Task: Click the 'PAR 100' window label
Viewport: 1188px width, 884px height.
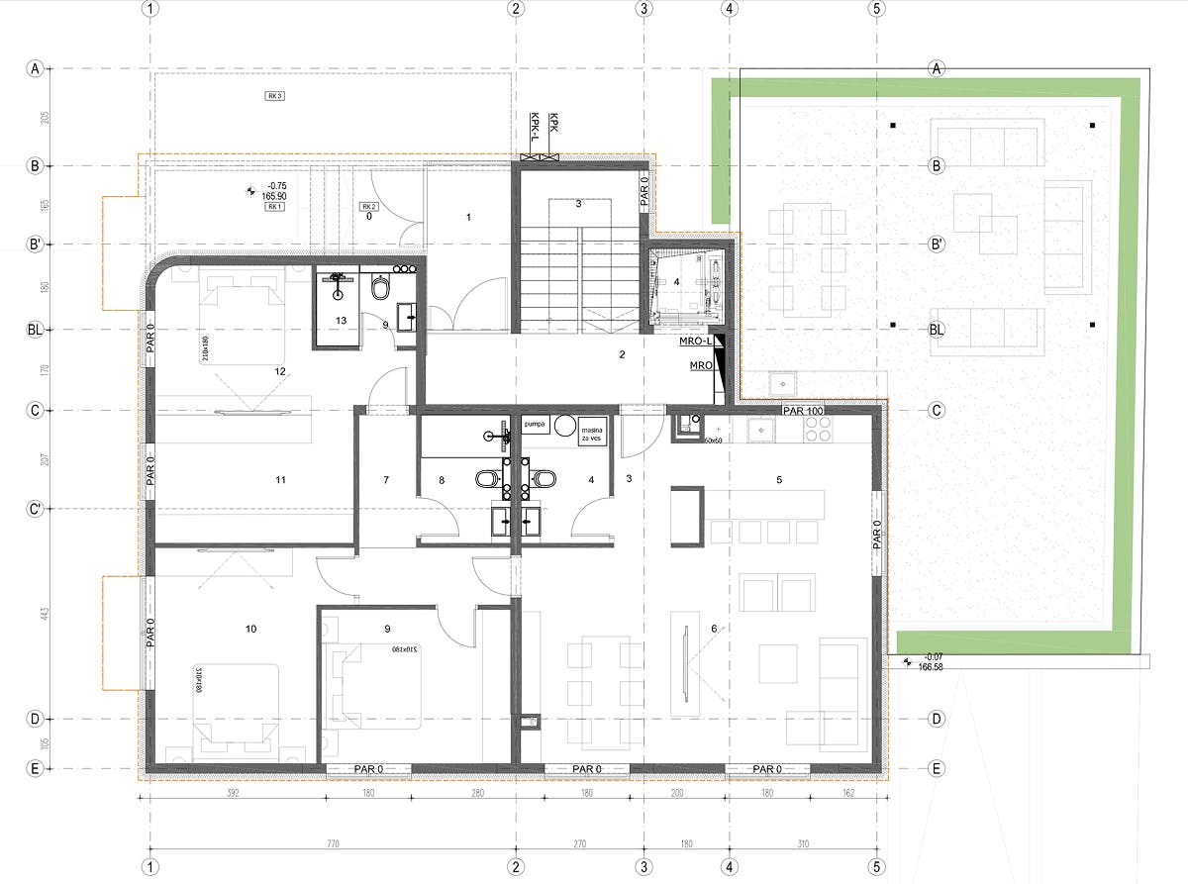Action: [x=803, y=410]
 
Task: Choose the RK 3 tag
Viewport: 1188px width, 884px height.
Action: [x=274, y=96]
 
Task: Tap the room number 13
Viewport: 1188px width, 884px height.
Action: [x=341, y=321]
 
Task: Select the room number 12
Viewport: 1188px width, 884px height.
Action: [x=280, y=371]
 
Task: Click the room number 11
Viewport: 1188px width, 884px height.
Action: [x=280, y=480]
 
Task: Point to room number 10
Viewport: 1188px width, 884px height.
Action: [x=251, y=629]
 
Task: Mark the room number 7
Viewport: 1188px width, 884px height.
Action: [x=386, y=480]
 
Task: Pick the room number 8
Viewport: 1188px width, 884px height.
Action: [x=443, y=480]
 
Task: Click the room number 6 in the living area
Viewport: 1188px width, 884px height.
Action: [x=714, y=628]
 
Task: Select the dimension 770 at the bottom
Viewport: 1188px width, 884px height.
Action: [x=332, y=844]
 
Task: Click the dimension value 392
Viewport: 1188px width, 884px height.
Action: [x=233, y=793]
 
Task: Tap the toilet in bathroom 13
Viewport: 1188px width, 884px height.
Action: [x=381, y=288]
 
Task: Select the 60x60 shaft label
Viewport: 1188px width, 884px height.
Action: [x=713, y=440]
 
